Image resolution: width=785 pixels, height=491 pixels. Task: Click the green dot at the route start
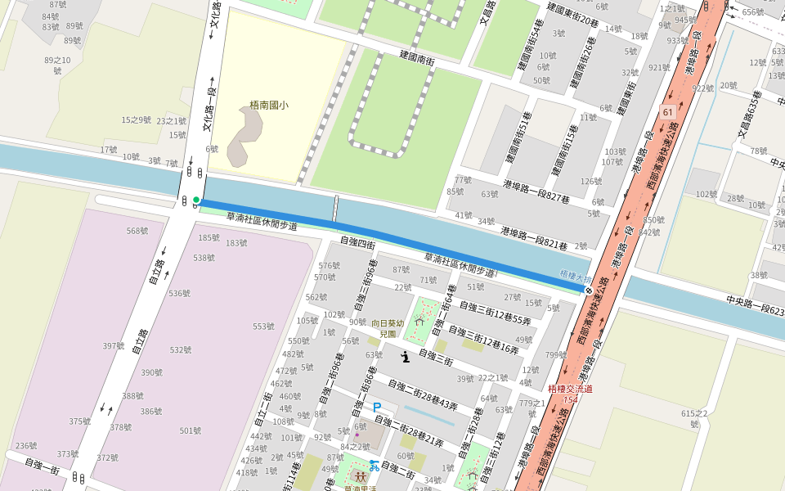coord(196,199)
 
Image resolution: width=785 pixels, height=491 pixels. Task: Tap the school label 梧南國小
coord(269,106)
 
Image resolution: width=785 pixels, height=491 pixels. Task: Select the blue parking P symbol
coord(377,407)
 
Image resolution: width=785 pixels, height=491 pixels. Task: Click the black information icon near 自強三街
coord(406,356)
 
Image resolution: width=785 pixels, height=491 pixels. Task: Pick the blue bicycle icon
coord(374,466)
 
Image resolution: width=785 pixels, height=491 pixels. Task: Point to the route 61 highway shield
coord(668,111)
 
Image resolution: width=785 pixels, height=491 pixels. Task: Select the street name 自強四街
coord(357,242)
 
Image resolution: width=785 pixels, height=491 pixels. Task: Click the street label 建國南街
coord(416,56)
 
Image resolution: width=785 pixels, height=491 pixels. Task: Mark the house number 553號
coord(263,326)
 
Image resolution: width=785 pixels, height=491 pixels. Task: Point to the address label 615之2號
coord(694,419)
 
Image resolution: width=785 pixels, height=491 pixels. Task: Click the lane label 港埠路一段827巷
coord(536,191)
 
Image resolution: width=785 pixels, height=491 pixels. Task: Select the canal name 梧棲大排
coord(576,277)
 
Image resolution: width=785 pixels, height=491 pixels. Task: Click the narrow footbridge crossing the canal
coord(334,209)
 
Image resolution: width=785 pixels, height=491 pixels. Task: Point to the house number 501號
coord(191,430)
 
